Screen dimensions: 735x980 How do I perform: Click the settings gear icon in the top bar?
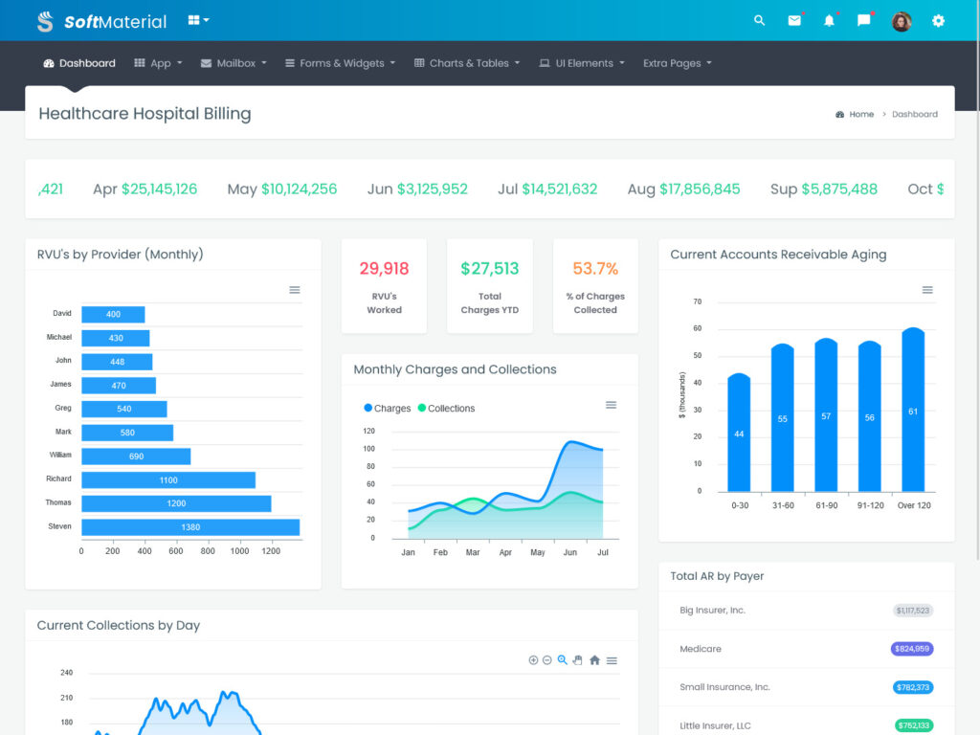[x=938, y=20]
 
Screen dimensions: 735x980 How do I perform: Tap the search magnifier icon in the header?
[x=760, y=20]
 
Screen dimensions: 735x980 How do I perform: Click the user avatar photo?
[x=902, y=21]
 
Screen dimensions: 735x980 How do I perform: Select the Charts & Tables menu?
[x=468, y=63]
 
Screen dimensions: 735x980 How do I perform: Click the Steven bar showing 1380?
[x=190, y=527]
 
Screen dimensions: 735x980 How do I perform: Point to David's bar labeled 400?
[x=113, y=314]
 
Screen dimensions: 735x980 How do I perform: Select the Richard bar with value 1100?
[x=168, y=479]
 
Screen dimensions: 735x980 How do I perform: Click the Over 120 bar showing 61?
[x=913, y=412]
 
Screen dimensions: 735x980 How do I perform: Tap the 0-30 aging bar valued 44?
[x=739, y=434]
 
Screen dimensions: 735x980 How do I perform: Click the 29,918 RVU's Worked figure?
[x=384, y=269]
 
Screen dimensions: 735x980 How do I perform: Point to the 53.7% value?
[x=595, y=269]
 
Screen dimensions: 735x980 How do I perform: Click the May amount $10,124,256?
[x=299, y=189]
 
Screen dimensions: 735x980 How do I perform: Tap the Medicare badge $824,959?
[x=911, y=649]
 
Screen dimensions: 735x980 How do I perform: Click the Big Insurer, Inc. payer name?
[x=712, y=611]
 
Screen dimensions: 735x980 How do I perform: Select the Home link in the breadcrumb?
[x=861, y=114]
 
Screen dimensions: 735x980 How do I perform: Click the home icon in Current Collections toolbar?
[x=594, y=660]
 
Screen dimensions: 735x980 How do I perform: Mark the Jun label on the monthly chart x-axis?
[x=570, y=552]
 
